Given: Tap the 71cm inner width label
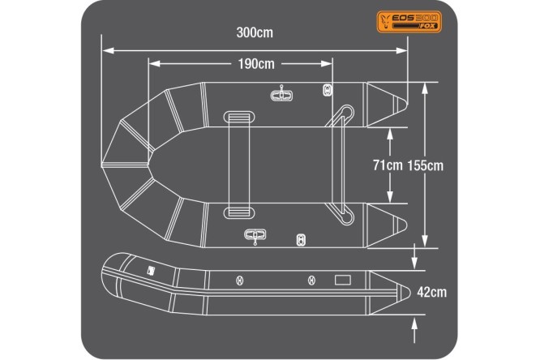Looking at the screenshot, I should click(387, 165).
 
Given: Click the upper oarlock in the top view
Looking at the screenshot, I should click(281, 95).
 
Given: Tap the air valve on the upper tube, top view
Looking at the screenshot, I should click(328, 90).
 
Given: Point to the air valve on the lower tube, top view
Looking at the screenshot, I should click(302, 240).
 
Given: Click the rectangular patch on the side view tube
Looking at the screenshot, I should click(343, 281).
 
